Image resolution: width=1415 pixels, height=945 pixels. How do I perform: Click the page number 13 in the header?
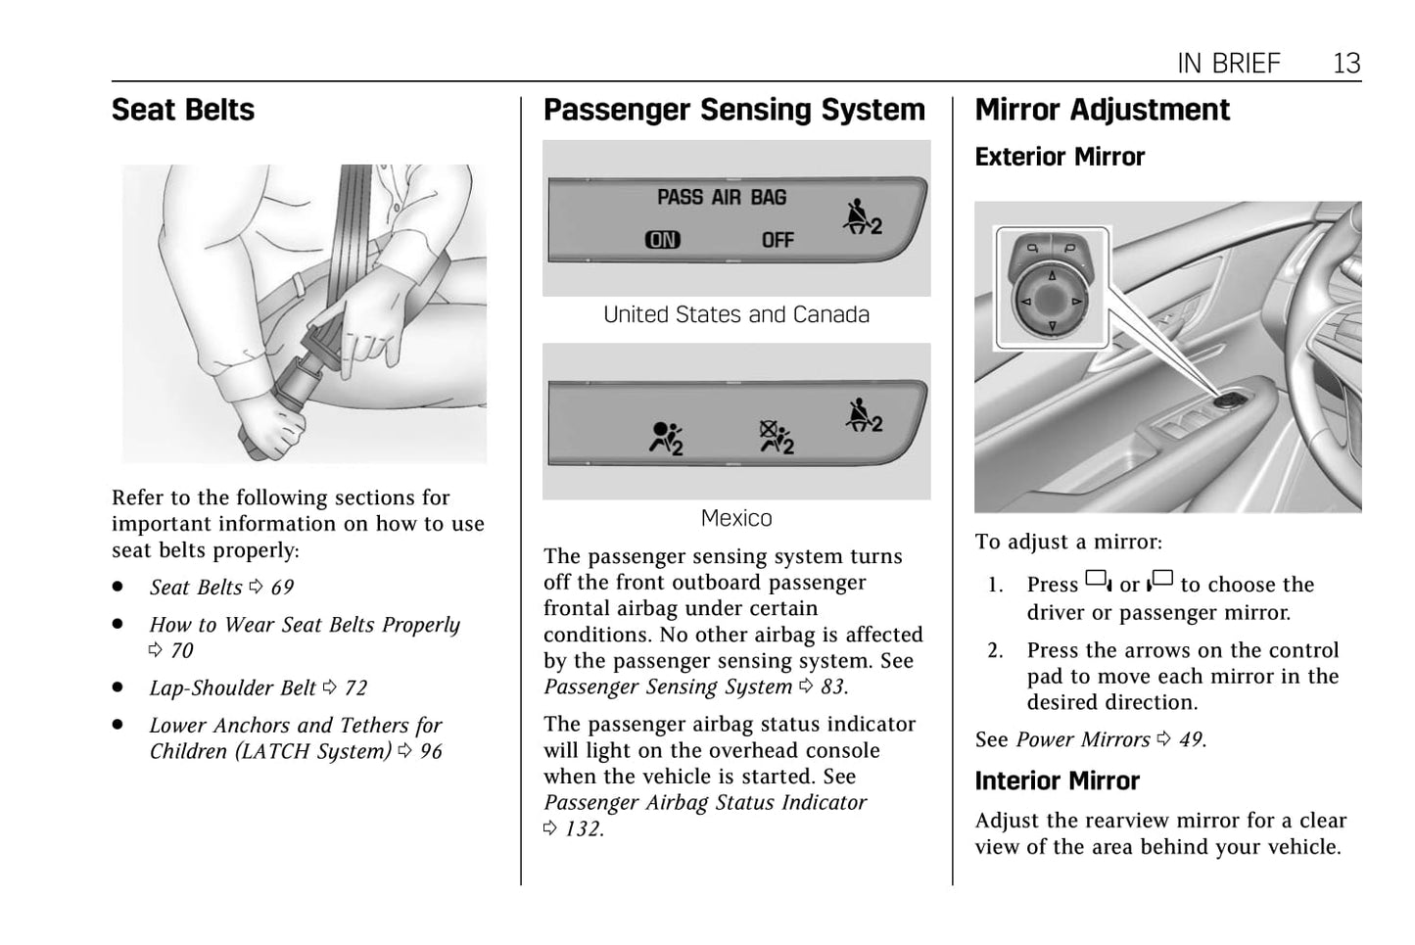click(1346, 64)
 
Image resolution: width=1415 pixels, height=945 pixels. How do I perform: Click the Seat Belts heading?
click(183, 110)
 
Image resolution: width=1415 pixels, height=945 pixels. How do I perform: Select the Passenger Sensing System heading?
click(733, 110)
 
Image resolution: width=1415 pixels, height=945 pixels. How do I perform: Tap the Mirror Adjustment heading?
click(1102, 110)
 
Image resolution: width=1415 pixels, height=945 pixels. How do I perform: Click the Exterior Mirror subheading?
click(1060, 157)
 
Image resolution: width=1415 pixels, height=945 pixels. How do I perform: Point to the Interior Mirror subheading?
click(1057, 780)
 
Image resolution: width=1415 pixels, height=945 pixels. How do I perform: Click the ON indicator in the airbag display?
click(662, 240)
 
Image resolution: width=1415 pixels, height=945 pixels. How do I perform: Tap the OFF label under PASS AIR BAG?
click(778, 240)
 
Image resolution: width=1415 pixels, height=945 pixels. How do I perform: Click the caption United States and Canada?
click(736, 314)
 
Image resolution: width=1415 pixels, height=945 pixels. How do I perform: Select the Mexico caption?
click(736, 518)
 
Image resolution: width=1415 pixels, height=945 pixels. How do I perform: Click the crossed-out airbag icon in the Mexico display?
click(777, 437)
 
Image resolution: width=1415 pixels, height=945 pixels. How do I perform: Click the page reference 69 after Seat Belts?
click(282, 588)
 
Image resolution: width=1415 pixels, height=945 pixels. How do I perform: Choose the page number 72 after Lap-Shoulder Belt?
click(355, 688)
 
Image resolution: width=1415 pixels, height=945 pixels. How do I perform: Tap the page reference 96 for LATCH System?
click(431, 752)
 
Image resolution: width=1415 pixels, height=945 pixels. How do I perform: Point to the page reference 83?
click(832, 687)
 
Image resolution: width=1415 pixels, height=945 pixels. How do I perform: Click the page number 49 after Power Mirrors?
click(1191, 740)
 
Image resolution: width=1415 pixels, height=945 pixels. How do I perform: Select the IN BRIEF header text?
click(1228, 64)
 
